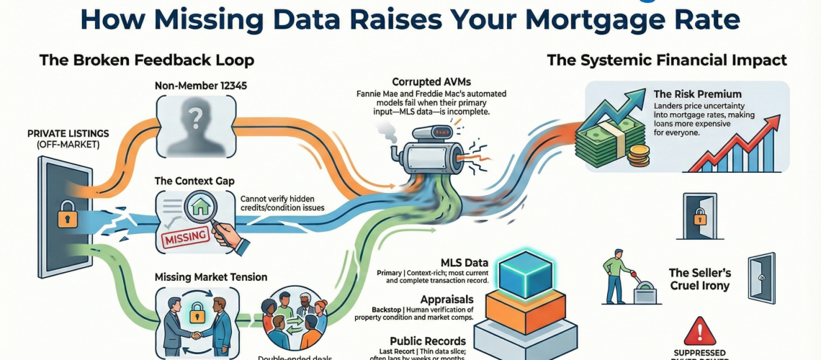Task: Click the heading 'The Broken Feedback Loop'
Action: pyautogui.click(x=147, y=60)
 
